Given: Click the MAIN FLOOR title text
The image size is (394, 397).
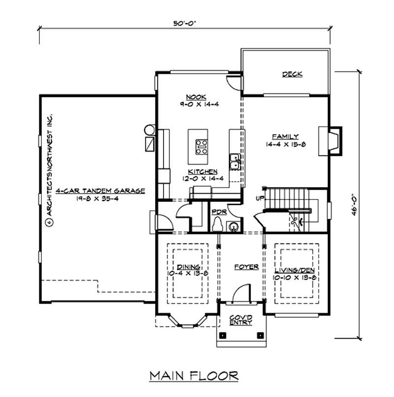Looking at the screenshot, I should coord(194,376).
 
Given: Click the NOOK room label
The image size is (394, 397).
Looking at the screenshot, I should coord(196,97).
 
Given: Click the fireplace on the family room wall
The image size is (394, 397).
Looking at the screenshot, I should coord(330,140).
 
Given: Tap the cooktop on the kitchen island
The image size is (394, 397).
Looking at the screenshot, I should coord(201,146).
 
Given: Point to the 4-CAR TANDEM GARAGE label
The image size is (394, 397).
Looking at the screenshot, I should coord(101,192).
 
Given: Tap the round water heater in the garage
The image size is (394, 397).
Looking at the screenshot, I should coord(149,130).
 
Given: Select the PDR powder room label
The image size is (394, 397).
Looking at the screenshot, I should coord(218,212).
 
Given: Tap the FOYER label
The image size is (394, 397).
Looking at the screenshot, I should coord(247,267).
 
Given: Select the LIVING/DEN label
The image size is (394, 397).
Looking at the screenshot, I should coord(294,271).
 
